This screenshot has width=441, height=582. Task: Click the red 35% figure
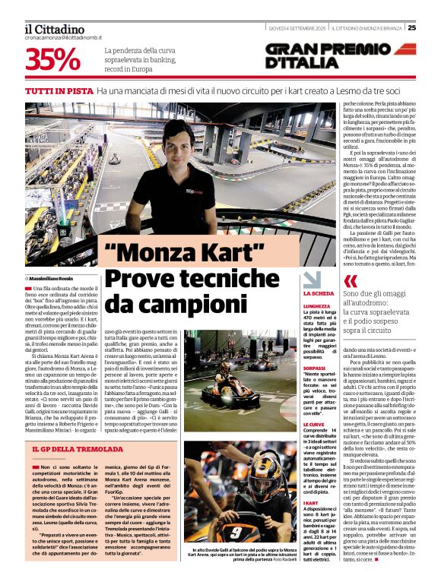point(54,59)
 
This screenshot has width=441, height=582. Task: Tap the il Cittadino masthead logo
point(54,29)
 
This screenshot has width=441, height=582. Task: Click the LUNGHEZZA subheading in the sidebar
point(317,305)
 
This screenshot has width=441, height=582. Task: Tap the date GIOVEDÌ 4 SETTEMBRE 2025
point(297,28)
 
